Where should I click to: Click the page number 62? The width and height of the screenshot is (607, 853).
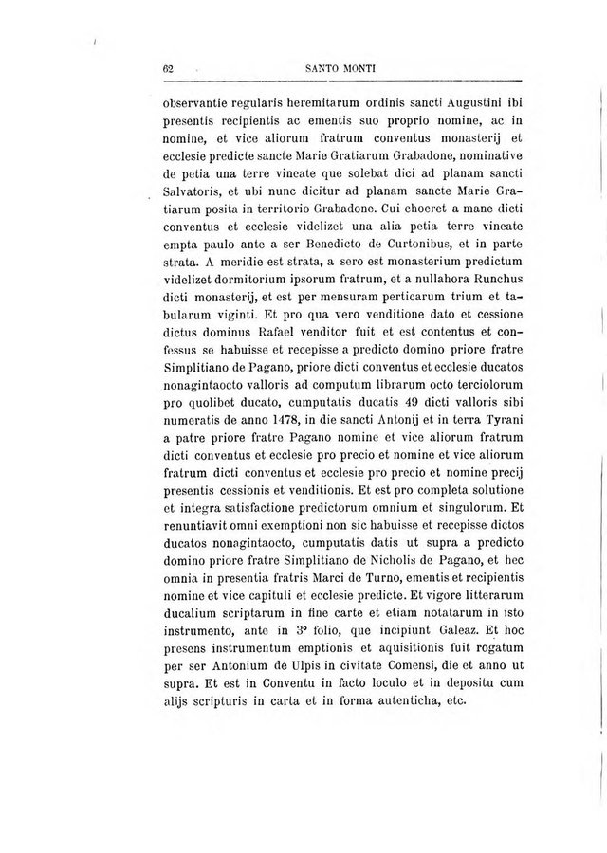pos(167,67)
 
